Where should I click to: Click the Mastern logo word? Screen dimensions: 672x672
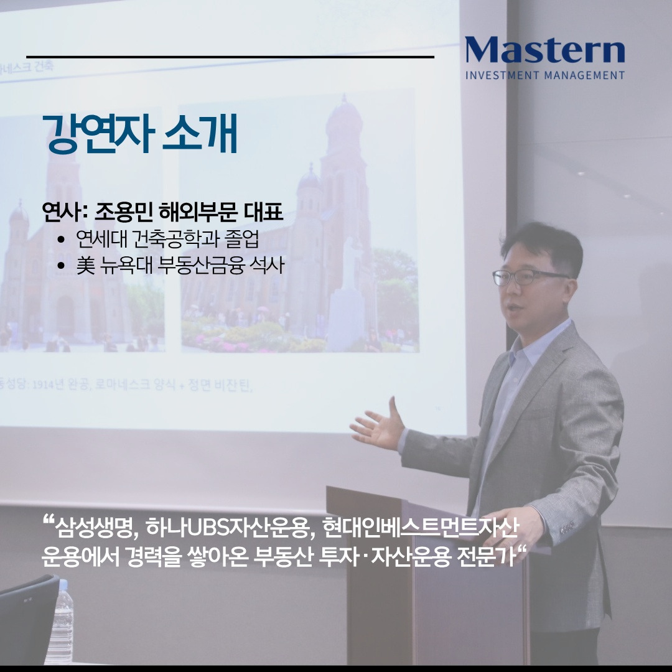(544, 51)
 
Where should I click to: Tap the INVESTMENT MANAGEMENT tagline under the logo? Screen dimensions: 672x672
(544, 76)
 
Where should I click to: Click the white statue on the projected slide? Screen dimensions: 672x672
(347, 299)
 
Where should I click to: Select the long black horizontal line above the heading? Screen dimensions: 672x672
(230, 57)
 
